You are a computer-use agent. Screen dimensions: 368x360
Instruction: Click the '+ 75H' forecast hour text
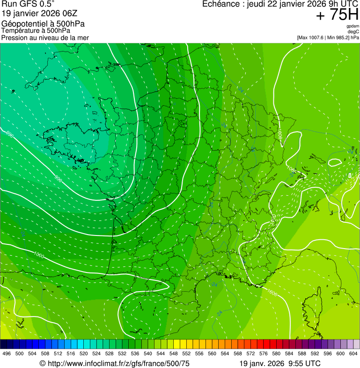(337, 15)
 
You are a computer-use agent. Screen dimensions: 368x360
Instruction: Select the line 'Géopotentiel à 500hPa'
(43, 24)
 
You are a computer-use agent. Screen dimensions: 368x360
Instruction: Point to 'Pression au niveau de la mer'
(45, 37)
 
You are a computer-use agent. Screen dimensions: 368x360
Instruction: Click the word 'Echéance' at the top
(221, 4)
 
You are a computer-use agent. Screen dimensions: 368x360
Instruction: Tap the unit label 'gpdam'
(352, 26)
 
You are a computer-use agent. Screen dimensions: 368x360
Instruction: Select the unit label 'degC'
(353, 31)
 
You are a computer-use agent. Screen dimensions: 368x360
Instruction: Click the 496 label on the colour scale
(7, 353)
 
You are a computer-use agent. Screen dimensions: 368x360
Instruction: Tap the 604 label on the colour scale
(353, 353)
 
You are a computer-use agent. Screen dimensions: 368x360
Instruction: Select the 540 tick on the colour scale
(148, 353)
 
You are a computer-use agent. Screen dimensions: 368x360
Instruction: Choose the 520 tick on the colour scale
(84, 353)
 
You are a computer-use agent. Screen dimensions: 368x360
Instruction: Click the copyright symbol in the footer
(42, 363)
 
